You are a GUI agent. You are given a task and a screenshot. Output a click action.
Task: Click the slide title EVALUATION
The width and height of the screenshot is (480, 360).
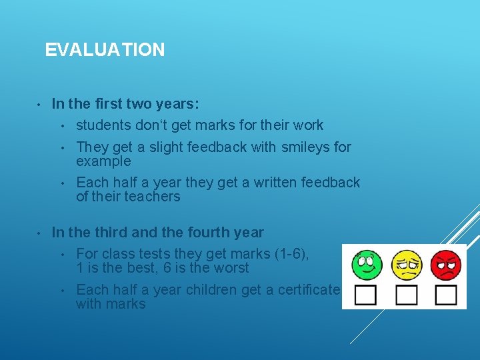[x=105, y=50]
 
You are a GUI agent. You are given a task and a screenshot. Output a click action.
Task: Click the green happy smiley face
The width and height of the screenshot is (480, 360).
[x=367, y=265]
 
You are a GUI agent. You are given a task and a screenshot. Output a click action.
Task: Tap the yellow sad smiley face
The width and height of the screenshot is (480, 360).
[x=406, y=265]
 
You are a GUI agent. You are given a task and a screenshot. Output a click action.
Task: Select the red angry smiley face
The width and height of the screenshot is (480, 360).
[x=445, y=265]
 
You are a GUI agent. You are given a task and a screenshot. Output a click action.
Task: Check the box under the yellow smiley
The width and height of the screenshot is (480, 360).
[x=406, y=295]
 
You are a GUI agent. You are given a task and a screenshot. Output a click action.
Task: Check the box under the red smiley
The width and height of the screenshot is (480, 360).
[x=445, y=295]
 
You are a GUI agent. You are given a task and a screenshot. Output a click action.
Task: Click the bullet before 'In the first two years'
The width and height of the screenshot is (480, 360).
[x=39, y=105]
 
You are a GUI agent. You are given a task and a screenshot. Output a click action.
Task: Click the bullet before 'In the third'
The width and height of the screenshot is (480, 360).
[x=39, y=233]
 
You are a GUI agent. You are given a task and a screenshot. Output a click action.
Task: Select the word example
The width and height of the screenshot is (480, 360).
[x=103, y=161]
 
